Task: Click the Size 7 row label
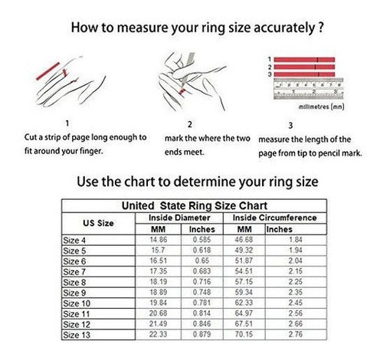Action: tap(74, 272)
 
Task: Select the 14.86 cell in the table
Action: tap(159, 240)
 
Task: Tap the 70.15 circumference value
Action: tap(244, 334)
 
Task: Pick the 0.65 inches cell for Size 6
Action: tap(202, 260)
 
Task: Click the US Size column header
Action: tap(98, 223)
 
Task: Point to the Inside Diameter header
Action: tap(179, 218)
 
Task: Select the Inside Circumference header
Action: tap(275, 218)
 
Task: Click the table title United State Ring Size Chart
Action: tap(195, 206)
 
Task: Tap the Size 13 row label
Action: tap(77, 335)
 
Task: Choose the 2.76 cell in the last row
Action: tap(296, 334)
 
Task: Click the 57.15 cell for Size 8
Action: tap(244, 282)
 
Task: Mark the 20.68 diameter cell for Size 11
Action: tap(159, 313)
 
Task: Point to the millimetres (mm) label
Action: tap(322, 106)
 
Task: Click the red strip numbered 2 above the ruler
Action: tap(304, 67)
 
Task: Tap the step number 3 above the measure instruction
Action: tap(290, 126)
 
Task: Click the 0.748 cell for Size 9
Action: tap(202, 292)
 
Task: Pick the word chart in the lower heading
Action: tap(142, 182)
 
